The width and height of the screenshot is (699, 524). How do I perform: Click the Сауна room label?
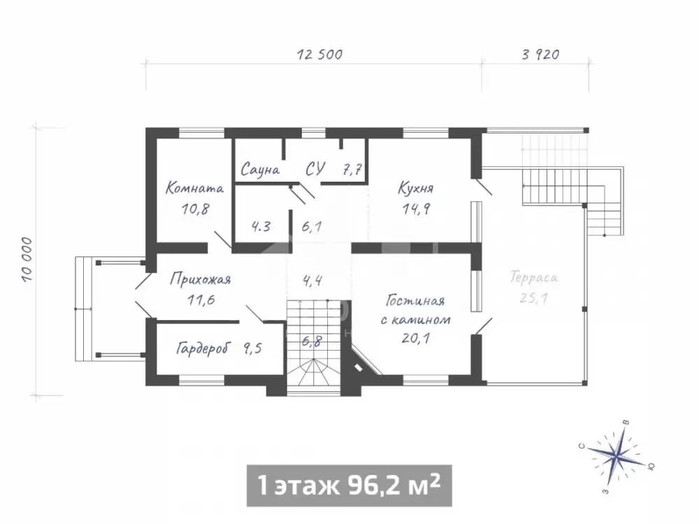[x=260, y=170]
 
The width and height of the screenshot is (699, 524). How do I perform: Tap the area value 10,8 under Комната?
[x=195, y=208]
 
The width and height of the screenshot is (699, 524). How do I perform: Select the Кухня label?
[x=415, y=188]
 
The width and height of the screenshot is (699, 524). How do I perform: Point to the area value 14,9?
[x=416, y=208]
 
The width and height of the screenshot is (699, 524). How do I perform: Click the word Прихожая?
[x=201, y=279]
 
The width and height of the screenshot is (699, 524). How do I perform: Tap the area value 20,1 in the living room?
[x=415, y=338]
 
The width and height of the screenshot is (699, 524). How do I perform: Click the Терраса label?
[x=534, y=278]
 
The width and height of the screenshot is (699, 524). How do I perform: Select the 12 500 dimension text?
[x=320, y=54]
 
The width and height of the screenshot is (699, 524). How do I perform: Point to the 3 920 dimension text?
[x=540, y=54]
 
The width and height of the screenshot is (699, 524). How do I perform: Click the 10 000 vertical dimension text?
[x=27, y=260]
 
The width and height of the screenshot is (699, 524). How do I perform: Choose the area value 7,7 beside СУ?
[x=352, y=170]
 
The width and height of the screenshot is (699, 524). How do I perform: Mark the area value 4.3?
[x=261, y=226]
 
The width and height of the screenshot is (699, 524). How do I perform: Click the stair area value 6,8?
[x=312, y=342]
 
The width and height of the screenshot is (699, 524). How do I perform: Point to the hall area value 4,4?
[x=312, y=281]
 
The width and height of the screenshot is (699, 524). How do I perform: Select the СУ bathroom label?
[x=315, y=169]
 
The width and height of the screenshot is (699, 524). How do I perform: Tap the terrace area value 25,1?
[x=533, y=298]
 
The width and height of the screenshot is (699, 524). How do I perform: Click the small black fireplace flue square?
[x=358, y=367]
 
